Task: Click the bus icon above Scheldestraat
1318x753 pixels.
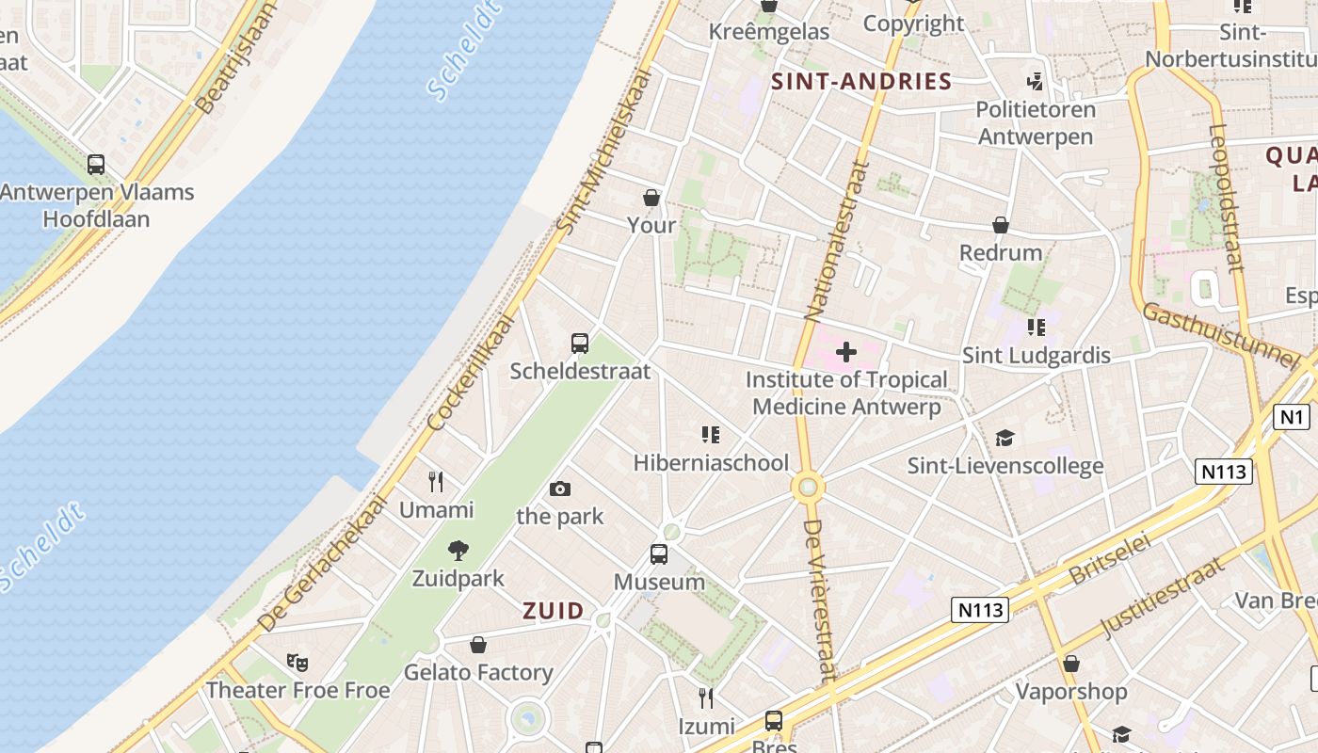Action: click(580, 344)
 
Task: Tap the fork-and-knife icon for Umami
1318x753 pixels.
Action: click(436, 482)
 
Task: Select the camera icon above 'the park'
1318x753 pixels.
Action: click(560, 489)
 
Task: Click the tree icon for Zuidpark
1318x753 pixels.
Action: click(458, 551)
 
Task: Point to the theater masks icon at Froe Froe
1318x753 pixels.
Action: click(297, 663)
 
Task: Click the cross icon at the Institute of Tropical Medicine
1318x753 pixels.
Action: click(845, 352)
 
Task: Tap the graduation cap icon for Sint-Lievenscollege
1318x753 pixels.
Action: click(1005, 439)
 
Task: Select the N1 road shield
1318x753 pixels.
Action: click(1291, 416)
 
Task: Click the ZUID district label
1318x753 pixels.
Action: click(554, 611)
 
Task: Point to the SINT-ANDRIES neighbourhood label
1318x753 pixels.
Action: click(861, 81)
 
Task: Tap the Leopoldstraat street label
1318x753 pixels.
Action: click(1227, 198)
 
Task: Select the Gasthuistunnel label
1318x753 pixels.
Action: click(1220, 335)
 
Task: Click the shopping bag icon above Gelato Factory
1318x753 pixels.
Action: click(478, 645)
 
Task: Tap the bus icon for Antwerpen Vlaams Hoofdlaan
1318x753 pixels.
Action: click(96, 165)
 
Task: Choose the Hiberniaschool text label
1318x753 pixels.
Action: click(711, 462)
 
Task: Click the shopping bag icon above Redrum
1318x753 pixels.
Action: click(1001, 226)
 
